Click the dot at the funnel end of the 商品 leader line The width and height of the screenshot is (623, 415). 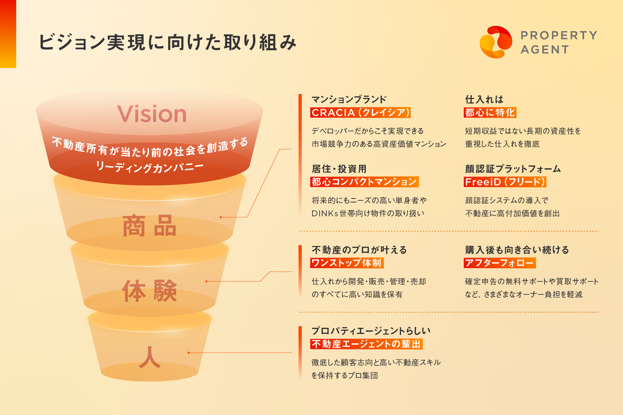[221, 217]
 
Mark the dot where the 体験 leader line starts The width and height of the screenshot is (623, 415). [206, 281]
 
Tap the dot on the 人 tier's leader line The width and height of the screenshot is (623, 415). [189, 353]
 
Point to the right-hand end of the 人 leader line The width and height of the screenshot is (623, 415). [292, 353]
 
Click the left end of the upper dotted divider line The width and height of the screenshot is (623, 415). [299, 231]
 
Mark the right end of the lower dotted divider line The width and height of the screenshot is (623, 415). [598, 312]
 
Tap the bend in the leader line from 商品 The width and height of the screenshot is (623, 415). [247, 217]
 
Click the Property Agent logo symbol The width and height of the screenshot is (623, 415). [496, 42]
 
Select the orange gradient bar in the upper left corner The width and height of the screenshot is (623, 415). [8, 34]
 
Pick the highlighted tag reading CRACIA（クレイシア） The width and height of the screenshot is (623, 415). [360, 113]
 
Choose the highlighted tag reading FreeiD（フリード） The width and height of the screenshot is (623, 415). [505, 182]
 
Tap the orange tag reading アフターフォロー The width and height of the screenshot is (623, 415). [500, 263]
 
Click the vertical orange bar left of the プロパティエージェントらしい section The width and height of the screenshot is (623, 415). [300, 353]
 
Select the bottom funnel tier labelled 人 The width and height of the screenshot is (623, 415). [150, 347]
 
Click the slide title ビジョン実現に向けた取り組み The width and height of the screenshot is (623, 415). [168, 42]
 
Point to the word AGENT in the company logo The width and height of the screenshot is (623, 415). [545, 50]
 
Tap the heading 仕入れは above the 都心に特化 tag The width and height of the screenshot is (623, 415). [484, 99]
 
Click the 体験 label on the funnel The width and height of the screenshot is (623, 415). [150, 291]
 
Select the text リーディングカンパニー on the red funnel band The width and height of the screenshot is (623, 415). [150, 167]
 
